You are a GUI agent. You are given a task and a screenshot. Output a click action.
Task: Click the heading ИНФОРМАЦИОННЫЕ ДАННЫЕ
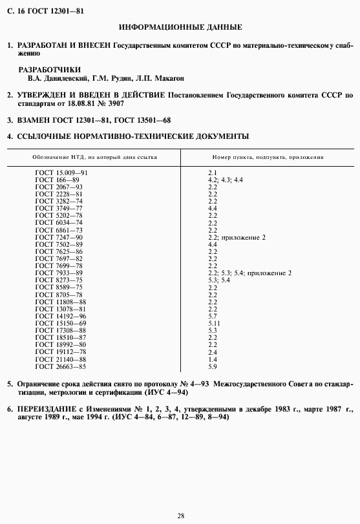point(181,28)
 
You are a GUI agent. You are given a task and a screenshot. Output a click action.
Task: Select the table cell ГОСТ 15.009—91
point(61,173)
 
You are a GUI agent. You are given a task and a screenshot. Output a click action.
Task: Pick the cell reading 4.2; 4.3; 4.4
point(225,180)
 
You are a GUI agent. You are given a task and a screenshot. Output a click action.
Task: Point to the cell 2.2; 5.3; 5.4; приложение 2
point(249,273)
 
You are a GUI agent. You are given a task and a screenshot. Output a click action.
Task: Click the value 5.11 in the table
point(215,322)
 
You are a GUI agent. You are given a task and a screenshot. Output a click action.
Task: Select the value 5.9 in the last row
point(212,367)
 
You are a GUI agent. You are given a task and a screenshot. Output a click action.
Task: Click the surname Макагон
point(170,78)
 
